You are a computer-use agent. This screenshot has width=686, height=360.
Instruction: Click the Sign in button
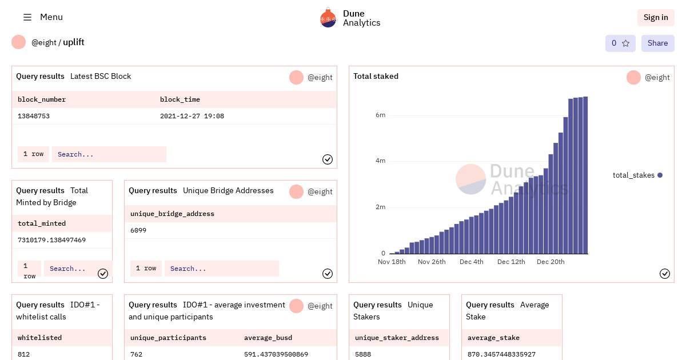point(656,17)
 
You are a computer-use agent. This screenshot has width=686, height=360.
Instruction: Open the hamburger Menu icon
point(27,17)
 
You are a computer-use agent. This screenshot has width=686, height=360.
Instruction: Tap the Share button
point(657,43)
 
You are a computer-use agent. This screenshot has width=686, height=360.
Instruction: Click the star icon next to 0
point(625,43)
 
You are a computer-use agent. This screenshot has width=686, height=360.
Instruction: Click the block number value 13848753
point(34,116)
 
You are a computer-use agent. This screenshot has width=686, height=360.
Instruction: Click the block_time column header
point(180,99)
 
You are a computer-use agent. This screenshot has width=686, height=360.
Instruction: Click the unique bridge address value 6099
point(138,230)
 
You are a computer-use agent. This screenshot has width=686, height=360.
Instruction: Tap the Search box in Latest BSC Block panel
point(109,154)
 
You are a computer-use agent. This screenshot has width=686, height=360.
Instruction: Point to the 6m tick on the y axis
point(380,115)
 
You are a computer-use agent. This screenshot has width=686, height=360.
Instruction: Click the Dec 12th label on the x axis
point(511,262)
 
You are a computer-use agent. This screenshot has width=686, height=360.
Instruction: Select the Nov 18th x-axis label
point(392,262)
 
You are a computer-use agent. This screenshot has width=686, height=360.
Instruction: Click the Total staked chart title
point(376,76)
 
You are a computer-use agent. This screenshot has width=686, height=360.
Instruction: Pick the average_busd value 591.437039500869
point(276,354)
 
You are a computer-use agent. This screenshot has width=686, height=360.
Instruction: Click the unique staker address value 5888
point(363,354)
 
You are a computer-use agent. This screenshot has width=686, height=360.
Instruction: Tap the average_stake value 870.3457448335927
point(501,354)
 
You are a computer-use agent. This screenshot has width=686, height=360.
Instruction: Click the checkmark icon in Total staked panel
point(665,274)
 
